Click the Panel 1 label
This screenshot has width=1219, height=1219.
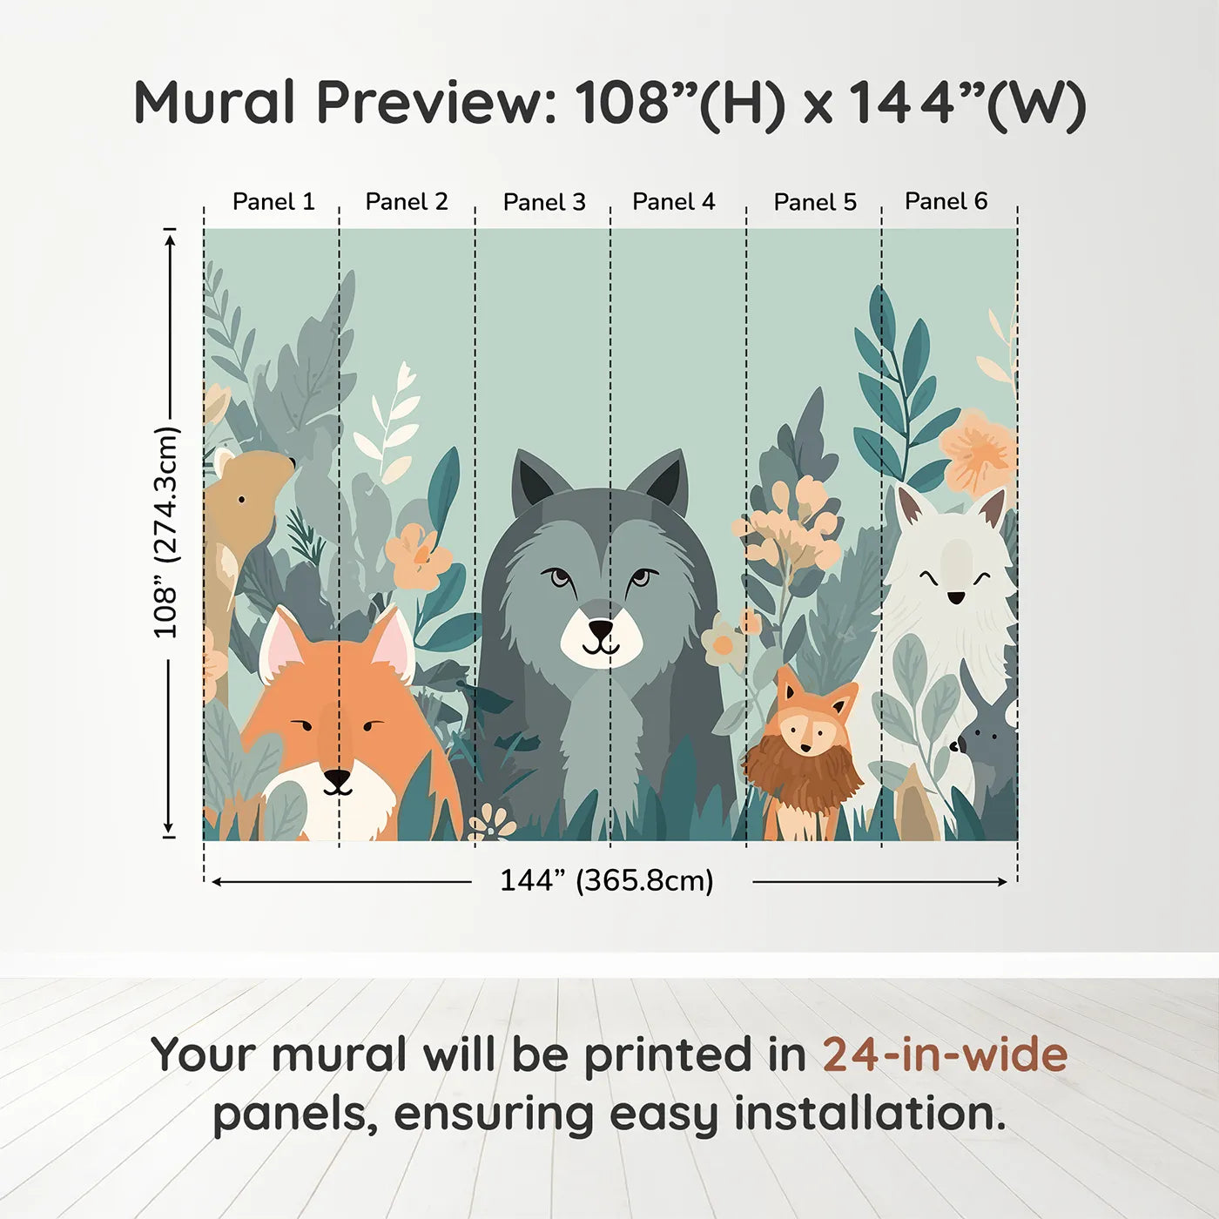point(273,202)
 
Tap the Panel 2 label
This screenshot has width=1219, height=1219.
point(406,202)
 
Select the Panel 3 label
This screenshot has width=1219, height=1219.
point(544,202)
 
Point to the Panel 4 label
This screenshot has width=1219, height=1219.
point(673,202)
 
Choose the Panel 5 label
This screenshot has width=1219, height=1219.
point(815,202)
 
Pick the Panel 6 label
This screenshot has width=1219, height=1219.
point(946,201)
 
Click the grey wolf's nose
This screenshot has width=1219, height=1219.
point(601,628)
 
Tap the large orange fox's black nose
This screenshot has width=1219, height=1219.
point(337,777)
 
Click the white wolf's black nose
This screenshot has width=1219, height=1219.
point(956,597)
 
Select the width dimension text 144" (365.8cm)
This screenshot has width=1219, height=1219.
point(606,880)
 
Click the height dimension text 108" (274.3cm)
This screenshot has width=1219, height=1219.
point(165,532)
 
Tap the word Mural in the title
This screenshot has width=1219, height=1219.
point(215,102)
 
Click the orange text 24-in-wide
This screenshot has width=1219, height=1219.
point(945,1054)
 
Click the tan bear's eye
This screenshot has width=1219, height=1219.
point(241,499)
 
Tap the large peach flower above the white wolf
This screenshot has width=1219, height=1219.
point(980,453)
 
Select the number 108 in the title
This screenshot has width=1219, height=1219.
point(621,102)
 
